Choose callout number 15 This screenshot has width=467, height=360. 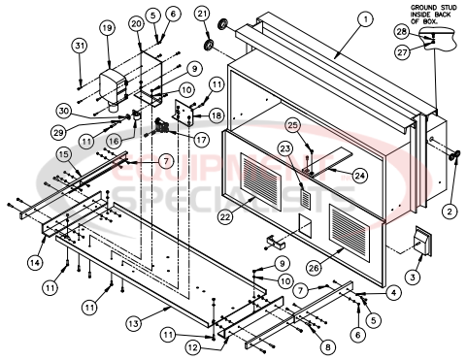point(61,155)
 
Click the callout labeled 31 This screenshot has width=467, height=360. point(79,45)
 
